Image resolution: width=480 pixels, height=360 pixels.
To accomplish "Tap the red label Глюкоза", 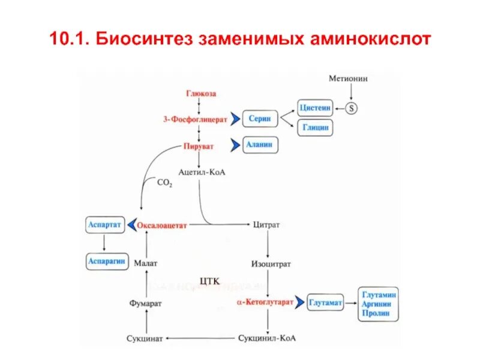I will pos(200,94).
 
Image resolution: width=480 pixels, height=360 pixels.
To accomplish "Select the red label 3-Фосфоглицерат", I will pos(195,119).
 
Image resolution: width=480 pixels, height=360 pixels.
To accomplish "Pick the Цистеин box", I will pos(316,109).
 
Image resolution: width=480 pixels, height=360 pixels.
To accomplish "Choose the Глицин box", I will pos(316,128).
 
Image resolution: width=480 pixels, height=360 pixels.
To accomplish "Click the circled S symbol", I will pos(352,109).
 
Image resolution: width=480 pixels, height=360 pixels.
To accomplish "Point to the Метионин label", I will pos(351,79).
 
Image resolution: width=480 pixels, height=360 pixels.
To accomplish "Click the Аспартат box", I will pos(104,224).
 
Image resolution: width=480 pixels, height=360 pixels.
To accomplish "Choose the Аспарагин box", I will pos(106,262).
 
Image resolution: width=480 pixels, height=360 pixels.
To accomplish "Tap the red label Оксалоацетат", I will pos(163,226).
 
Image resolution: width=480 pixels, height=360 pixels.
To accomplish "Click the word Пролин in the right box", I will pos(376,313).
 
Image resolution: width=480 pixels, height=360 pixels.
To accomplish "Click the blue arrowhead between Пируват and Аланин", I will pos(233,145).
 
